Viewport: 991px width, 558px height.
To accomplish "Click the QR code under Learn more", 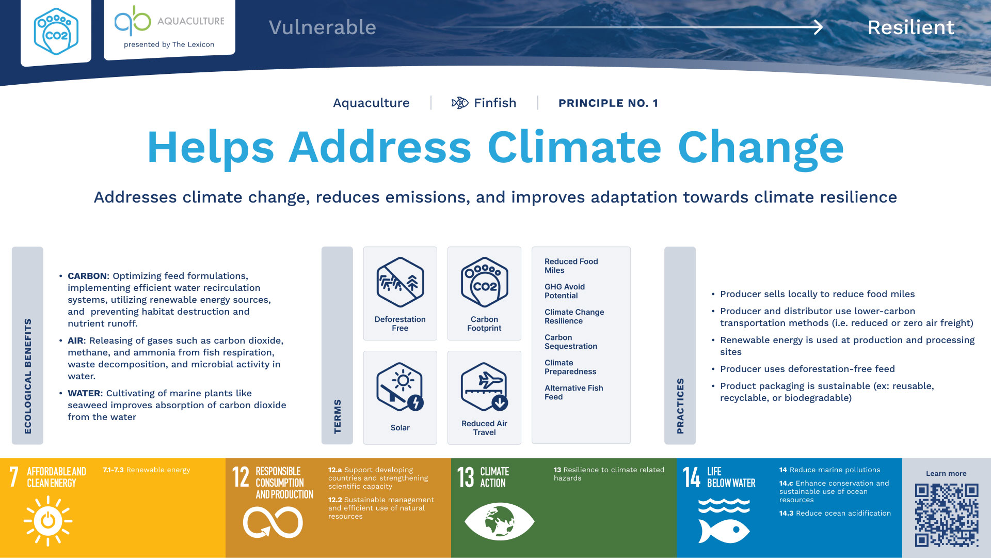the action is (x=947, y=515).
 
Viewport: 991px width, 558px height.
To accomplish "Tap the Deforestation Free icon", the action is (x=400, y=282).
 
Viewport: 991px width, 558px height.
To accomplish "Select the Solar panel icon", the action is (x=400, y=386).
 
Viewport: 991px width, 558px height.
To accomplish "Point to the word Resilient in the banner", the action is (x=911, y=27).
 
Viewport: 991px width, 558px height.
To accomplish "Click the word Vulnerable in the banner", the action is (x=323, y=27).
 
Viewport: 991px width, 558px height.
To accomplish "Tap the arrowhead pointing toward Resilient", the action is (x=818, y=27).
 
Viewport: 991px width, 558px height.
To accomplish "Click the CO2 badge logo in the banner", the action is (x=56, y=32).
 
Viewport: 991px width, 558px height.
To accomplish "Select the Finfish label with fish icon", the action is (x=484, y=103).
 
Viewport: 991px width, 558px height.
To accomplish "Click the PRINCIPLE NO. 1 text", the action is (x=608, y=103).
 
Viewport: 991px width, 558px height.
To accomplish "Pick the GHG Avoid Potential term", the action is (x=565, y=291).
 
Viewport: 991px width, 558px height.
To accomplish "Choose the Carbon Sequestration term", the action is (x=571, y=342).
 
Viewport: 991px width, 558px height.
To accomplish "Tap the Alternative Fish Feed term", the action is (x=574, y=392).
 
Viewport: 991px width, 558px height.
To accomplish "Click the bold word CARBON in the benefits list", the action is (x=87, y=276).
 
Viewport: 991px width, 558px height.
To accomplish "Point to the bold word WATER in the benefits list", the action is (x=84, y=393).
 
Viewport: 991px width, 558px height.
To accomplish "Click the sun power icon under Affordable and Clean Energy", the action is (x=48, y=521).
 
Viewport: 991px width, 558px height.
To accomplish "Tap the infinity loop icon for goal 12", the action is (x=273, y=522).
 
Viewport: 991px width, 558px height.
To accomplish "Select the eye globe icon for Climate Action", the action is (x=499, y=521).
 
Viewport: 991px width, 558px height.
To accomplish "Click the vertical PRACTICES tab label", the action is (x=680, y=406).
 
